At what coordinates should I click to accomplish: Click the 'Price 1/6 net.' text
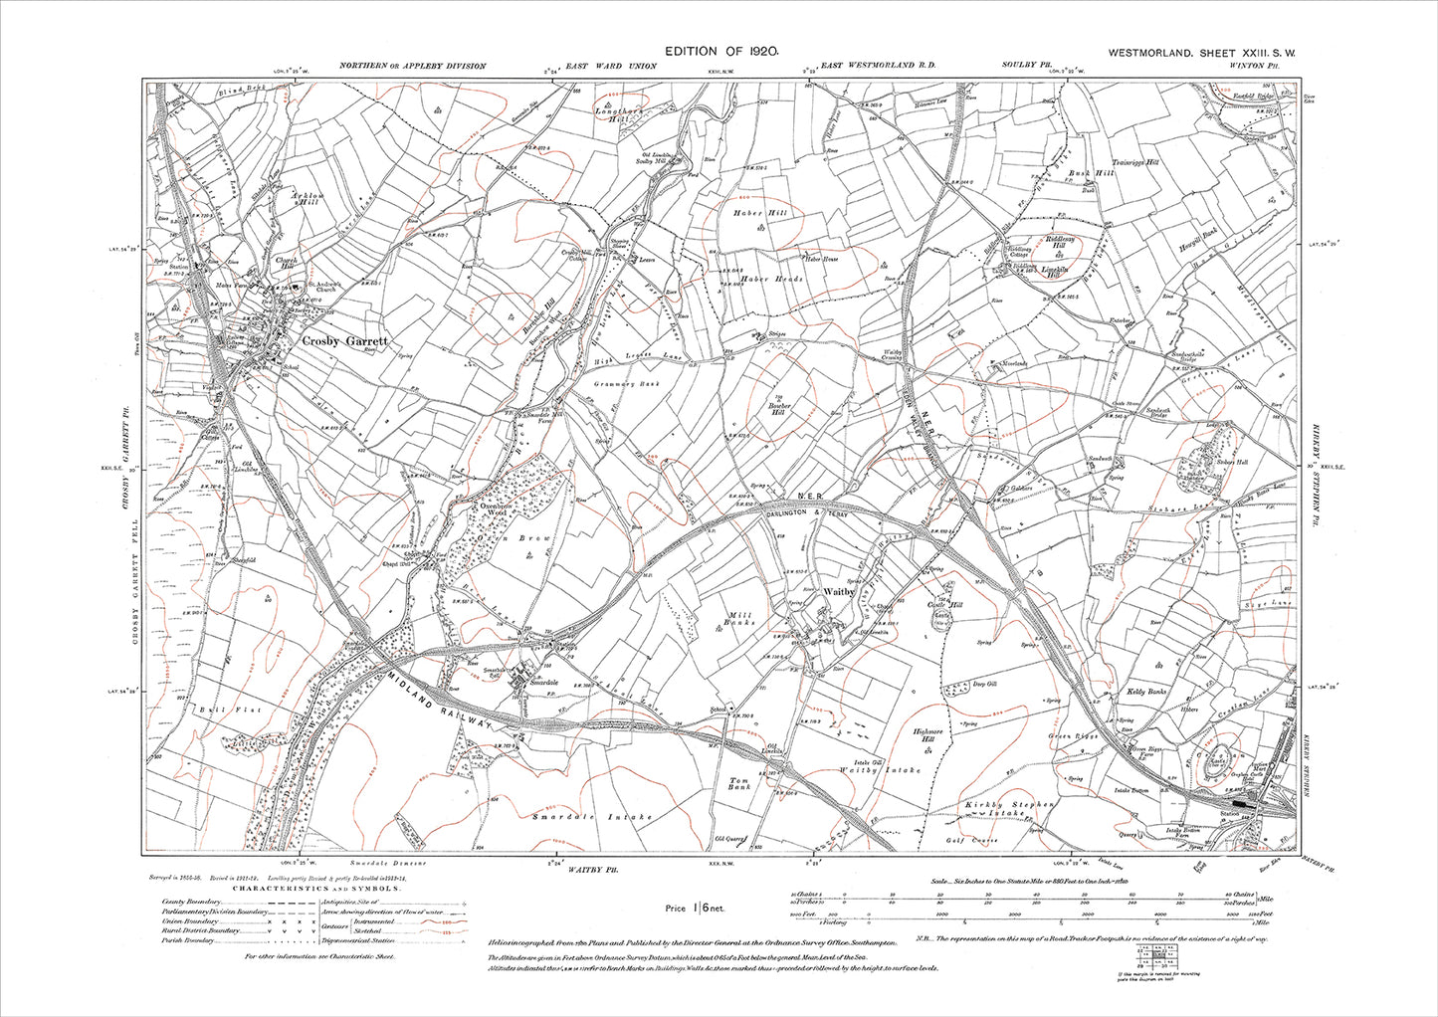(x=695, y=908)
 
